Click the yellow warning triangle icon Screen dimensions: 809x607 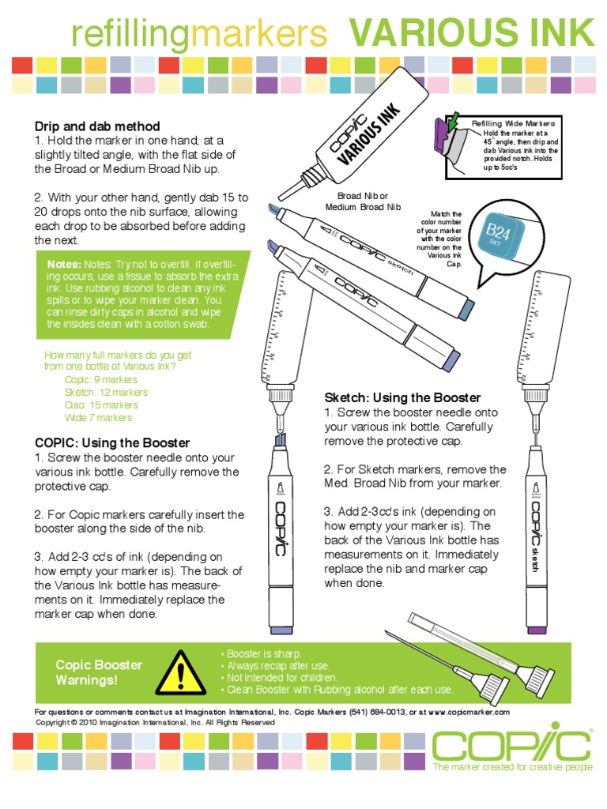pyautogui.click(x=180, y=672)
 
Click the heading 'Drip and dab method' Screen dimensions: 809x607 pyautogui.click(x=97, y=126)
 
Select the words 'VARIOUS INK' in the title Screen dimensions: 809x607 pyautogui.click(x=471, y=34)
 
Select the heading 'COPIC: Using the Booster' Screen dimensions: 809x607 pyautogui.click(x=112, y=443)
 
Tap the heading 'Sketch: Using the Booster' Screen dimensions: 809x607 pyautogui.click(x=402, y=397)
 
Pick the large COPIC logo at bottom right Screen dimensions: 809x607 pyautogui.click(x=511, y=745)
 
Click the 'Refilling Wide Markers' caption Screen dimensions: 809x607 pyautogui.click(x=513, y=124)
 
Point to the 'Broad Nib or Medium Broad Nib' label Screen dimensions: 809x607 pyautogui.click(x=364, y=201)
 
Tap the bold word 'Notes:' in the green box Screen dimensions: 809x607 pyautogui.click(x=64, y=264)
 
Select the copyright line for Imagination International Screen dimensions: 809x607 pyautogui.click(x=156, y=722)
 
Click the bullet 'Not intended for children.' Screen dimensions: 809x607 pyautogui.click(x=282, y=678)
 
